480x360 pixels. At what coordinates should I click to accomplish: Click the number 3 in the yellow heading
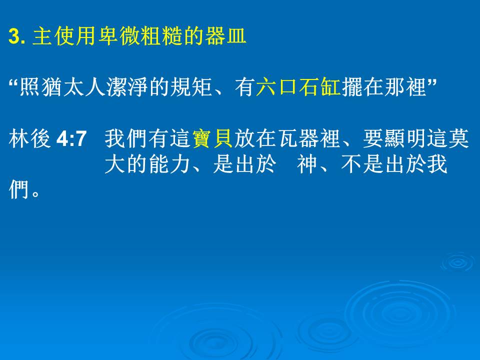(14, 36)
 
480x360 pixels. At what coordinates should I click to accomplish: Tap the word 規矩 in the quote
(191, 87)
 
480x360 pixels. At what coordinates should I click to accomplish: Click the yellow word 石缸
(320, 87)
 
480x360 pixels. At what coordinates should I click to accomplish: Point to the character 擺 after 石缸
(352, 87)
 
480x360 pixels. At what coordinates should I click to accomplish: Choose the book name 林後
(29, 138)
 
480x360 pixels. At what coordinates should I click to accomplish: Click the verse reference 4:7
(71, 138)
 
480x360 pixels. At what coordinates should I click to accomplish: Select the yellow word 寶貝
(212, 138)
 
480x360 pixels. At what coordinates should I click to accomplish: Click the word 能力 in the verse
(170, 164)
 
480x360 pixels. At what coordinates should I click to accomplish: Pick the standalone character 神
(307, 164)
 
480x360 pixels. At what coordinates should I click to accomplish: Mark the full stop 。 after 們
(35, 193)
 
